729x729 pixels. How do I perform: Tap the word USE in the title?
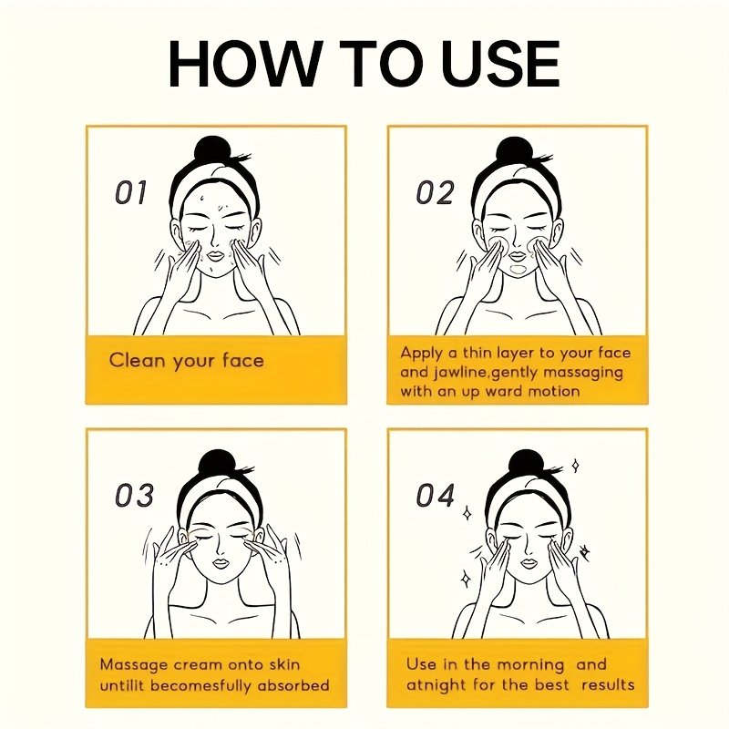pyautogui.click(x=503, y=63)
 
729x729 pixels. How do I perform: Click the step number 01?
pyautogui.click(x=130, y=192)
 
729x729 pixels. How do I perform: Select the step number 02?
pyautogui.click(x=435, y=192)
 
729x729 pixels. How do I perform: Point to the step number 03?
pyautogui.click(x=134, y=495)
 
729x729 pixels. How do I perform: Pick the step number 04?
pyautogui.click(x=436, y=495)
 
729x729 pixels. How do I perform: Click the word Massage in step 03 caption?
pyautogui.click(x=133, y=665)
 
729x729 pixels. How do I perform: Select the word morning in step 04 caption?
pyautogui.click(x=531, y=665)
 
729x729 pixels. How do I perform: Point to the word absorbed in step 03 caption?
pyautogui.click(x=293, y=686)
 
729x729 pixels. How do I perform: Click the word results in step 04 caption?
pyautogui.click(x=608, y=685)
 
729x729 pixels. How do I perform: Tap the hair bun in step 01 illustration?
pyautogui.click(x=211, y=153)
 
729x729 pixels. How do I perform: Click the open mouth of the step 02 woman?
pyautogui.click(x=517, y=269)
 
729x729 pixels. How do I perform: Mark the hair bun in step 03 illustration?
pyautogui.click(x=217, y=467)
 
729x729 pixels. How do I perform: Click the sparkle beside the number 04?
pyautogui.click(x=467, y=514)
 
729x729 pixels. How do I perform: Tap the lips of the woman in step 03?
pyautogui.click(x=221, y=564)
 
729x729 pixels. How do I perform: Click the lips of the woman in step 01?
pyautogui.click(x=215, y=257)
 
